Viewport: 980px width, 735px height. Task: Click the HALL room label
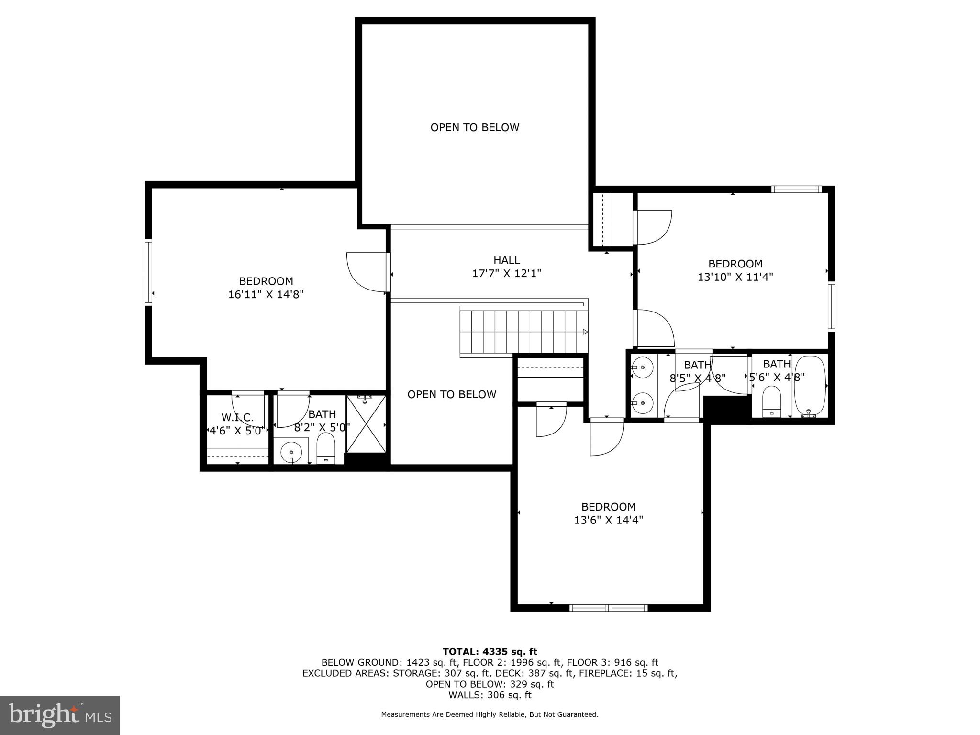tap(506, 260)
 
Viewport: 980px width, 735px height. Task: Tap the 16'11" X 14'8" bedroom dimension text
tap(266, 294)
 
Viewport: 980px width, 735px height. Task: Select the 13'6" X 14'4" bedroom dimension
tap(608, 520)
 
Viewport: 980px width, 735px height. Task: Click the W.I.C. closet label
tap(237, 417)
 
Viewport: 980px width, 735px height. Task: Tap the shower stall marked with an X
tap(366, 424)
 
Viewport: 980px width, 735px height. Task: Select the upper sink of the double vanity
tap(643, 367)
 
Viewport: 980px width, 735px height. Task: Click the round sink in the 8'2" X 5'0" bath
tap(291, 451)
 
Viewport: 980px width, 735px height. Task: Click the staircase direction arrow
tap(585, 332)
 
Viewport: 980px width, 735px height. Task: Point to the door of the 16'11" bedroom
tap(366, 271)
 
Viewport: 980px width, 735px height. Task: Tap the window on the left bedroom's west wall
tap(148, 272)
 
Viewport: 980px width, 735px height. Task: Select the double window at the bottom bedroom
tap(608, 608)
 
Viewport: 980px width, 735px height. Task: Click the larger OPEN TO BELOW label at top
tap(475, 127)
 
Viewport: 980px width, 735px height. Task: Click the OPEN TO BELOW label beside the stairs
tap(452, 394)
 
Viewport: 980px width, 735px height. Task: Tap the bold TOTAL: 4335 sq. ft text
tap(490, 651)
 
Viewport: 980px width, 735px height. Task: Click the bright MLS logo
tap(60, 715)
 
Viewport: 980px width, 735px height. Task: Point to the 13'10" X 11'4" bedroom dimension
tap(735, 277)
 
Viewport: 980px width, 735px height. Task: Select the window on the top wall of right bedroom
tap(796, 189)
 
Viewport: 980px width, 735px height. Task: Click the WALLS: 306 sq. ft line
tap(490, 695)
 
